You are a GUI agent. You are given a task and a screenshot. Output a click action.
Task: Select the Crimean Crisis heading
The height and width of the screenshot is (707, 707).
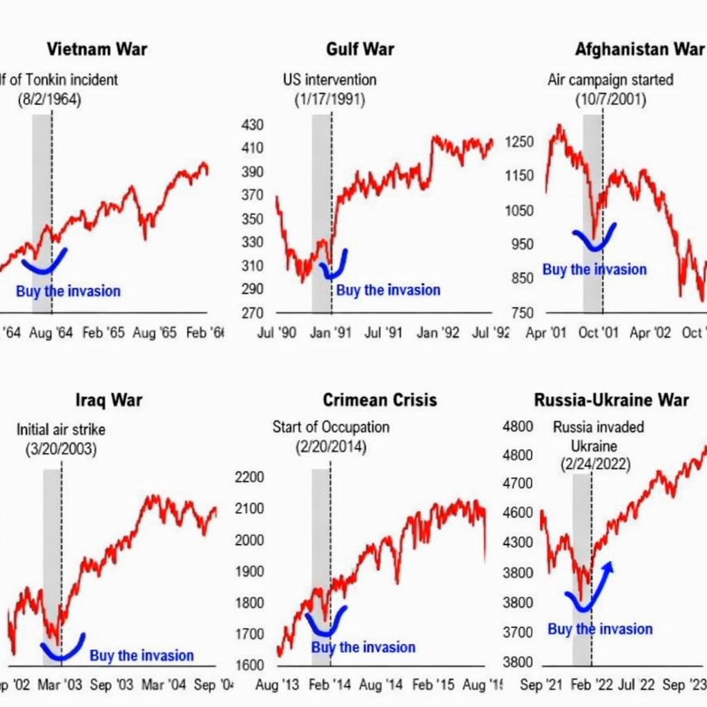[379, 400]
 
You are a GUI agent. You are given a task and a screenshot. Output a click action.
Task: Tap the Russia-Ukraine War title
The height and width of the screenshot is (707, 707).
[611, 400]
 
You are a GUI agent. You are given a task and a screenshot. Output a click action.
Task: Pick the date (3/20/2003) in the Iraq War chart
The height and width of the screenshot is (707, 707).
[61, 449]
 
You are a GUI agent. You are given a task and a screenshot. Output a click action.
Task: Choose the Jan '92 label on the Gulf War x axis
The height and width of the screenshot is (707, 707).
[438, 333]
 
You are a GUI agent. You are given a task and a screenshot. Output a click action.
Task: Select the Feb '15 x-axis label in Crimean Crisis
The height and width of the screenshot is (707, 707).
[432, 685]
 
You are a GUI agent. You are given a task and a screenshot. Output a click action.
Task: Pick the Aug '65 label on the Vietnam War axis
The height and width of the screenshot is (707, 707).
[155, 333]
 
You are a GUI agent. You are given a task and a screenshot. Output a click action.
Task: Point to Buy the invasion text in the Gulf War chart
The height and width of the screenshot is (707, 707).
[388, 290]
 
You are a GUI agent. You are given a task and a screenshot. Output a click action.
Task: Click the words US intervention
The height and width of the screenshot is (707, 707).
[330, 80]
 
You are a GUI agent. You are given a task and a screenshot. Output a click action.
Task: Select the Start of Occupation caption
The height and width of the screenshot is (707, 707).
[331, 427]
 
